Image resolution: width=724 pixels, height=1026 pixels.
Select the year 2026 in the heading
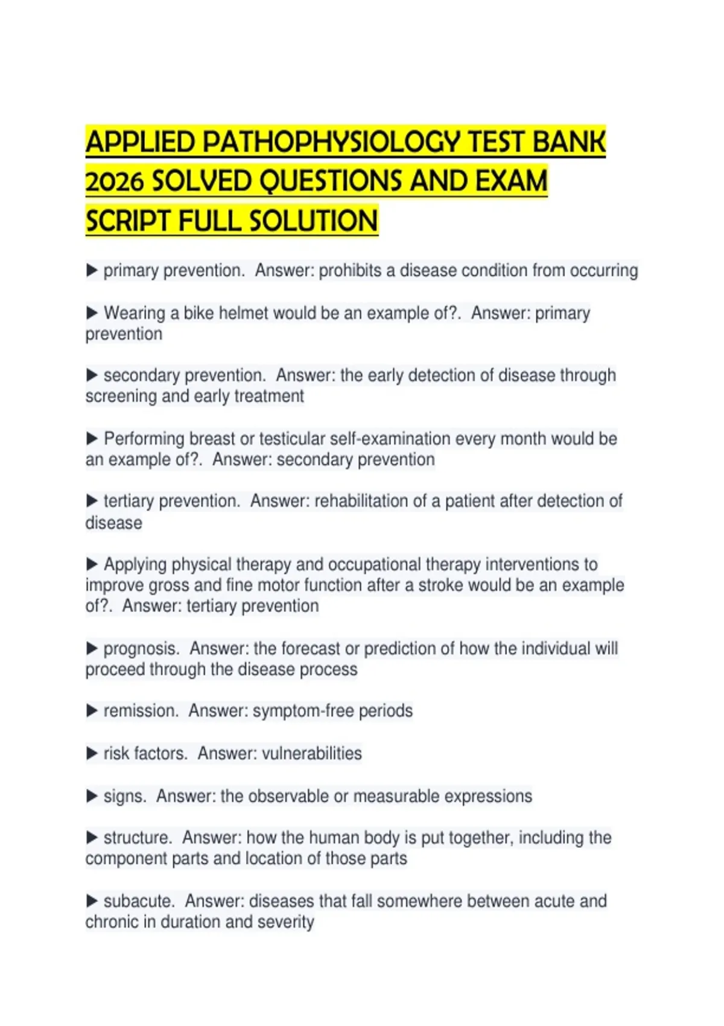[114, 182]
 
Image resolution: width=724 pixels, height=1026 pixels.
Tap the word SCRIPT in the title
[127, 221]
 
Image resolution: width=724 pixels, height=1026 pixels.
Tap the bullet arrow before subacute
[92, 901]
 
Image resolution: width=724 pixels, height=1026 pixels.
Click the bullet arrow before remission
[92, 711]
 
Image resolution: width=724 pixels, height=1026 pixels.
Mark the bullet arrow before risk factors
[92, 753]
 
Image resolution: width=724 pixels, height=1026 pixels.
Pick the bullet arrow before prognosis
[92, 648]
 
